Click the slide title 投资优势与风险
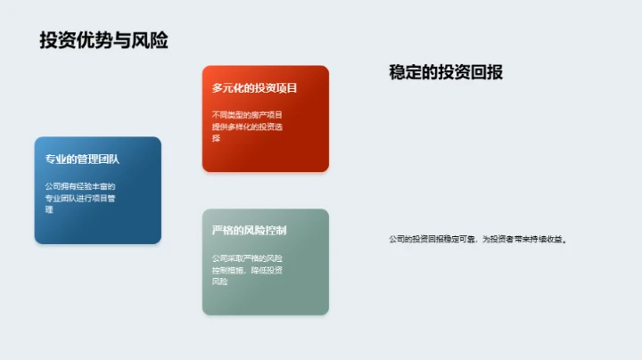[x=103, y=40]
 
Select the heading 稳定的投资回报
[x=446, y=72]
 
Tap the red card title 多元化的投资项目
[x=254, y=88]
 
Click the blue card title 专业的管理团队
[x=82, y=159]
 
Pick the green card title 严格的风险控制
[x=249, y=231]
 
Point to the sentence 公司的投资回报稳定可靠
[x=432, y=239]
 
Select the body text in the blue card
[x=80, y=198]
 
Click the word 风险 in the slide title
[x=152, y=40]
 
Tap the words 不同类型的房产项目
[x=247, y=115]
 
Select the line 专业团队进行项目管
[x=80, y=198]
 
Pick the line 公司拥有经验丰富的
[x=80, y=186]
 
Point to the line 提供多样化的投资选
[x=247, y=127]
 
